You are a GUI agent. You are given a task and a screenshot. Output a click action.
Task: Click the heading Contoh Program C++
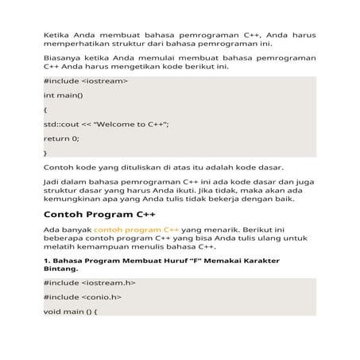tap(99, 215)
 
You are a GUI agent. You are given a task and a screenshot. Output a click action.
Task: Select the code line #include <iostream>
tap(86, 82)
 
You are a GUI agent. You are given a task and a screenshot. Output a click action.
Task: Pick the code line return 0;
tap(61, 138)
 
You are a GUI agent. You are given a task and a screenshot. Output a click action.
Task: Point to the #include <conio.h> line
tap(82, 296)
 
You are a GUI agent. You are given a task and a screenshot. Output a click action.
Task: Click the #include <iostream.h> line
tap(89, 282)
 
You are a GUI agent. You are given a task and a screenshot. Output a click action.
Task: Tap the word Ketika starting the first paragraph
tap(56, 36)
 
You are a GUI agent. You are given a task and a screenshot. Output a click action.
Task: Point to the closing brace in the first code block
tap(45, 152)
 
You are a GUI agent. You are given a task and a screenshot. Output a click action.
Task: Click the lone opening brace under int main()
tap(45, 110)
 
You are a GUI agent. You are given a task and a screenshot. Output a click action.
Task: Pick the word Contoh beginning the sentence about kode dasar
tap(59, 168)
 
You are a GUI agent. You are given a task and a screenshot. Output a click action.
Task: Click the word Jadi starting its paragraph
tap(51, 182)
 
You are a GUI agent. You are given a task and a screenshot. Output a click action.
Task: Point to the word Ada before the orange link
tap(51, 229)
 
